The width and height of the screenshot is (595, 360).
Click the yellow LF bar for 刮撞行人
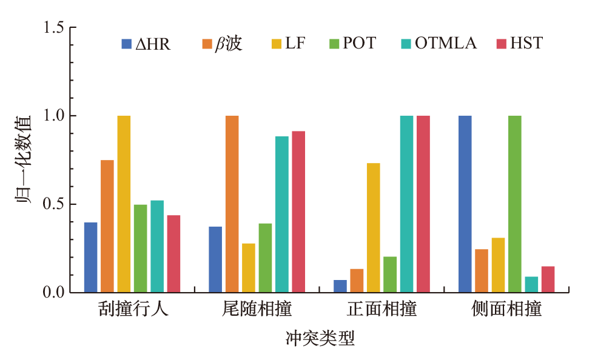(124, 204)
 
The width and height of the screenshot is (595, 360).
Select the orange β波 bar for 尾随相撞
(232, 204)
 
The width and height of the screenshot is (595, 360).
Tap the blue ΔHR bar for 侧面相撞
(465, 204)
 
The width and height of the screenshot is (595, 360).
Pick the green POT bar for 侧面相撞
(514, 204)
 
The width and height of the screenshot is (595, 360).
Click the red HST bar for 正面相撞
(423, 204)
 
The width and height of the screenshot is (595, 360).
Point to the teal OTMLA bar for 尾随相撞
(281, 215)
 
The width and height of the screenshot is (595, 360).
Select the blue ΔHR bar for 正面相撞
(340, 287)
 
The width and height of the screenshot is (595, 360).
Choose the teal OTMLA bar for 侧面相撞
(531, 285)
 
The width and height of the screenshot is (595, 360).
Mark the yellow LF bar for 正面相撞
(373, 228)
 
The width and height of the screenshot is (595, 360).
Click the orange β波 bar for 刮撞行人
(107, 226)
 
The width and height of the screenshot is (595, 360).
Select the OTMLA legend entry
(438, 44)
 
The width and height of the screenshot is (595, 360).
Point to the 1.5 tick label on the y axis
(53, 28)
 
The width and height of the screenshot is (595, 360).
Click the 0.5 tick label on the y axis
(53, 204)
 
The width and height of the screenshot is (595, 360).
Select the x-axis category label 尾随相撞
(257, 310)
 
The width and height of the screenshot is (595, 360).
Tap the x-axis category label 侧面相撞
(506, 310)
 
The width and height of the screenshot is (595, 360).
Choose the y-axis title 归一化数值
(24, 160)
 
